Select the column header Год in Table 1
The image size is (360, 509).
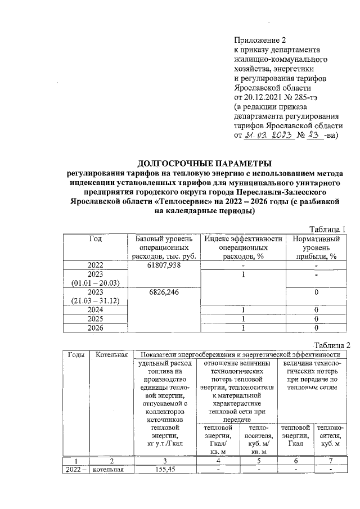95,238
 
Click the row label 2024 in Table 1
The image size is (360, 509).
95,310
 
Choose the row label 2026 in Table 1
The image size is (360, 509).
95,327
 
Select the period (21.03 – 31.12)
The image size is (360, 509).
95,301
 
